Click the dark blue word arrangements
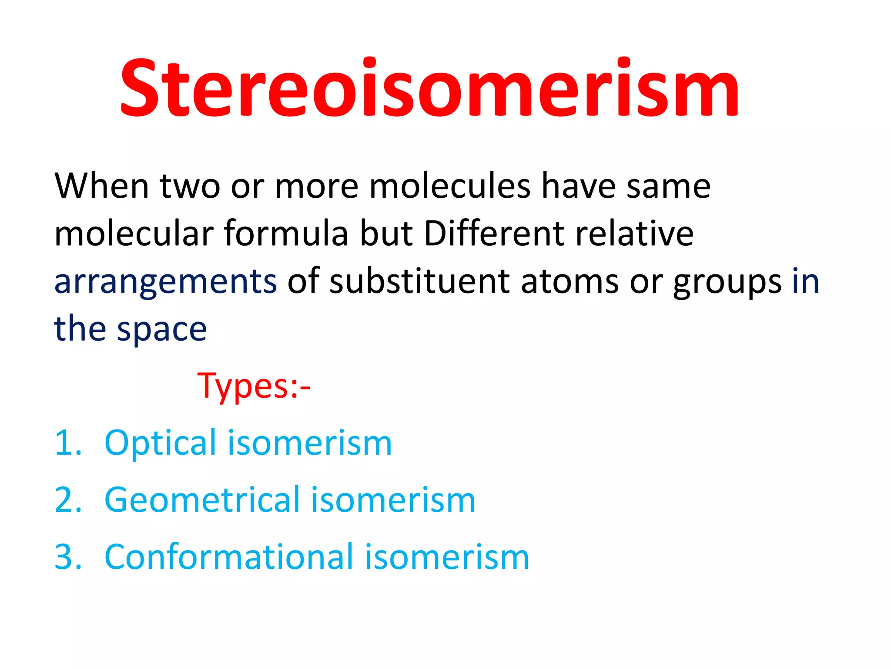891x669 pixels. tap(165, 282)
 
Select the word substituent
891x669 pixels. tap(419, 281)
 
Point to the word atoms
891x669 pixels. tap(569, 282)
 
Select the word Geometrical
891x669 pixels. tap(202, 500)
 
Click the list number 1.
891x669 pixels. tap(67, 443)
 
